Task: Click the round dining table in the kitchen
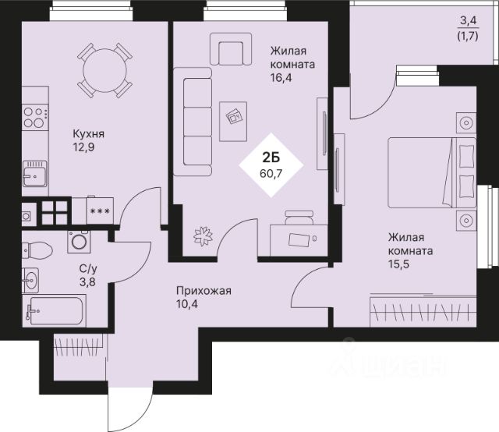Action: pos(104,70)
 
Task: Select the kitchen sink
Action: pos(35,173)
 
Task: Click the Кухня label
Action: pos(88,133)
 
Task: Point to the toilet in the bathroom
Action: pos(37,250)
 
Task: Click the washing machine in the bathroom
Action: pos(79,242)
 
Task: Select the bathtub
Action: pos(54,310)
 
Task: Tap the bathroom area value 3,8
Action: pos(87,282)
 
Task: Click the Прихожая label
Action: pos(203,291)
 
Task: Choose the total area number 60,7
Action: pos(271,173)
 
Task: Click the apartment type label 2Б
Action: pos(271,157)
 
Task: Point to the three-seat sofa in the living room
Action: pos(193,122)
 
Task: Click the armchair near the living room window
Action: pos(231,49)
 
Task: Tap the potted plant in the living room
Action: pos(203,236)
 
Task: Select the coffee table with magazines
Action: pos(233,122)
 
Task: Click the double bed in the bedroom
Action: pos(432,173)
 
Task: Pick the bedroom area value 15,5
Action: pos(398,264)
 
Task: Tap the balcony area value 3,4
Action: pos(468,21)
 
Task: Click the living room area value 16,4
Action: pos(281,77)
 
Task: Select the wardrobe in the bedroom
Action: pos(423,311)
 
